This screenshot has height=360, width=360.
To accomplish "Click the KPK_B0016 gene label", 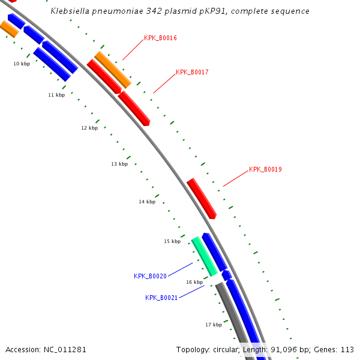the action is [160, 38].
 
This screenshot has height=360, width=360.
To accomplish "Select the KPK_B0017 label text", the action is [192, 72].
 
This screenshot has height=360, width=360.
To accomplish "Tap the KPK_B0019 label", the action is [265, 169].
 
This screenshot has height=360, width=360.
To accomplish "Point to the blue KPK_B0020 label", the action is [150, 276].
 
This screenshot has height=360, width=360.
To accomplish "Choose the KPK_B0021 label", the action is [161, 298].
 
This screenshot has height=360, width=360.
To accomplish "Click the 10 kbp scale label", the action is [22, 64].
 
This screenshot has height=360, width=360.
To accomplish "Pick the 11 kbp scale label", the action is [56, 95].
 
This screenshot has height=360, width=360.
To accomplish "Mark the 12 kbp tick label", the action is [89, 128].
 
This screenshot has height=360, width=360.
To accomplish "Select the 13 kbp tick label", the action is [119, 164].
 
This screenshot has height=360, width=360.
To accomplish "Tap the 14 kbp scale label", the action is [147, 202].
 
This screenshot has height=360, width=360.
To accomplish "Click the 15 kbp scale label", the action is [172, 241].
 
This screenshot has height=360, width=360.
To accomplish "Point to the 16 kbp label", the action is [194, 282].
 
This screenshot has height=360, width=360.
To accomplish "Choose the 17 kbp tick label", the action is [214, 325].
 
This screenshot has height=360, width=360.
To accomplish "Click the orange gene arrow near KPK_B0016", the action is [112, 70].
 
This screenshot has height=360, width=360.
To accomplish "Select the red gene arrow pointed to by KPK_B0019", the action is [202, 198].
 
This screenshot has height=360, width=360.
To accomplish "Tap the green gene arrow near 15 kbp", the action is [204, 256].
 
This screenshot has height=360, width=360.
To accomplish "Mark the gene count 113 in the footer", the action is [347, 349].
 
